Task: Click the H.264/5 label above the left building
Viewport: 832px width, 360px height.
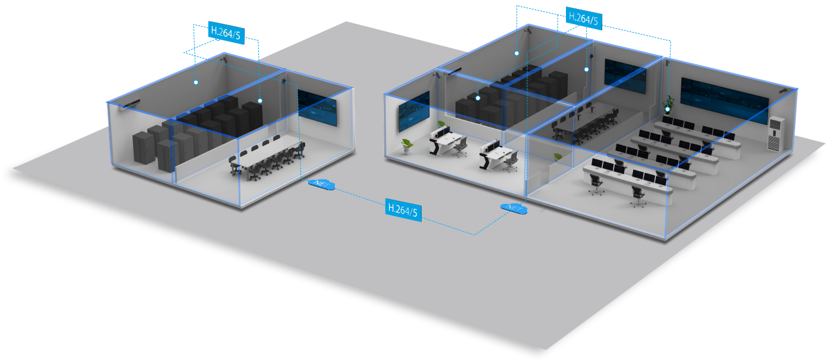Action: pos(226,33)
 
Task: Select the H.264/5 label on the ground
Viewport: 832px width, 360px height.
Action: pos(403,210)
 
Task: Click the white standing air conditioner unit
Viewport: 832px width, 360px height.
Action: pos(776,134)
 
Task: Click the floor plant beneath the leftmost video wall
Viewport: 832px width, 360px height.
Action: pos(406,145)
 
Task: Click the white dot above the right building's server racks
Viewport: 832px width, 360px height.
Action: pos(477,98)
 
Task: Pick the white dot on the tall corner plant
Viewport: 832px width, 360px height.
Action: pos(668,109)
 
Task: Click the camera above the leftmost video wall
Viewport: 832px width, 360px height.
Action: pos(437,75)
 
